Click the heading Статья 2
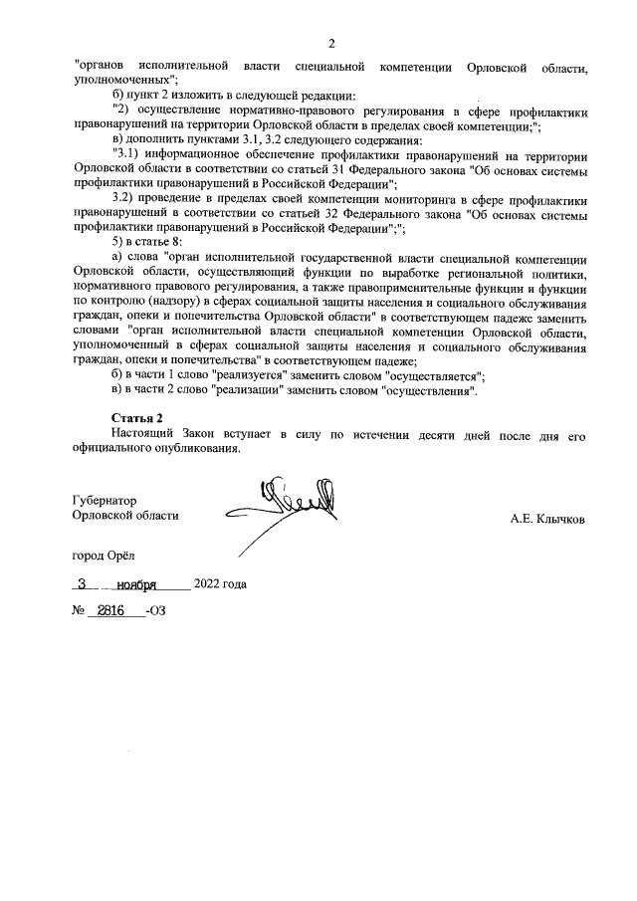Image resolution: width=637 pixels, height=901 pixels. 136,417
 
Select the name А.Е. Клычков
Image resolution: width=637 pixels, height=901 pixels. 547,519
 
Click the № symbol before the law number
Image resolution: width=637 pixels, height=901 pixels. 80,611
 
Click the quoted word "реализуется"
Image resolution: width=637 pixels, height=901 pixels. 255,376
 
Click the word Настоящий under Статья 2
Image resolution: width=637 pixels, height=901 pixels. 145,435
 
